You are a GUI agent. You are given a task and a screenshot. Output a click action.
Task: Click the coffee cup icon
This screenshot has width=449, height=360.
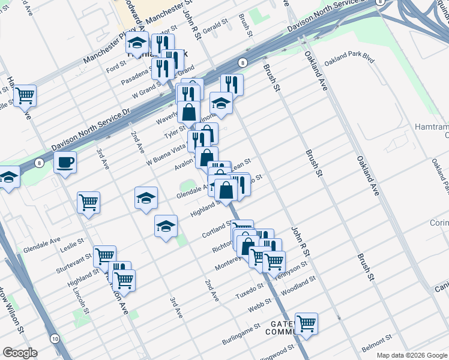pyautogui.click(x=65, y=162)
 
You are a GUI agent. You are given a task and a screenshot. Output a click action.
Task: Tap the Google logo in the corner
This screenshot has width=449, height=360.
pyautogui.click(x=20, y=353)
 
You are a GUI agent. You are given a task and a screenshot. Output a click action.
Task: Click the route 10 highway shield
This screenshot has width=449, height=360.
pyautogui.click(x=55, y=338)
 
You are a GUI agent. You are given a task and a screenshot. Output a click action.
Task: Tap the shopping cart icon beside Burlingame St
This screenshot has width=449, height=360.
pyautogui.click(x=306, y=323)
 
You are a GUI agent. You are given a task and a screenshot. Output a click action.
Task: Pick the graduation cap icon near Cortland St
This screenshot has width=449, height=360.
pyautogui.click(x=166, y=226)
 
